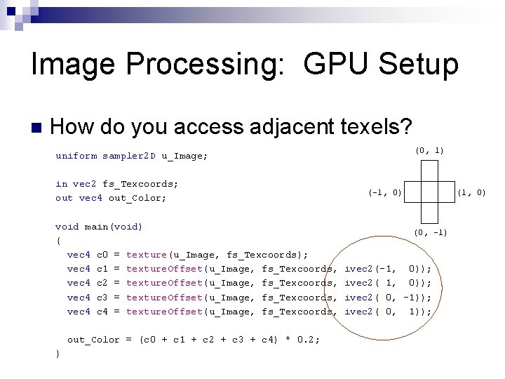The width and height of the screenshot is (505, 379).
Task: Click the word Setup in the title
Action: (419, 65)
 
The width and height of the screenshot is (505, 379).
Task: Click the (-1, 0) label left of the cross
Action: (385, 192)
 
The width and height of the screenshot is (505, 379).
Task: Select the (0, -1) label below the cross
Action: (430, 232)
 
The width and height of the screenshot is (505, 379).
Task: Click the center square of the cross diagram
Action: (430, 192)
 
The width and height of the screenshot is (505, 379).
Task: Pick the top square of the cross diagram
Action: (430, 171)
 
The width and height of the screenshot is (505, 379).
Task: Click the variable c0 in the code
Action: (102, 255)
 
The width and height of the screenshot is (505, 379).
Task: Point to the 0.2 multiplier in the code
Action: (307, 340)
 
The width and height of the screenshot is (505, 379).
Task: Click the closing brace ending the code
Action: (58, 354)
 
